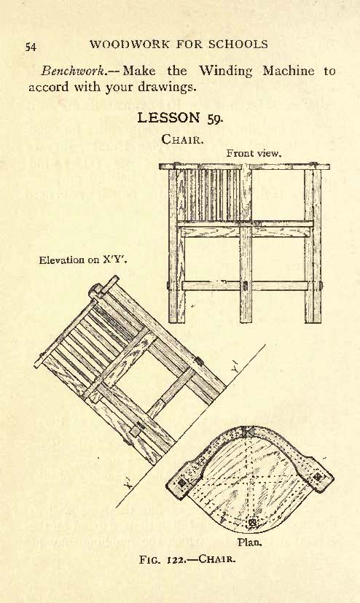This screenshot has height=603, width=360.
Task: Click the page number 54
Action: point(31,47)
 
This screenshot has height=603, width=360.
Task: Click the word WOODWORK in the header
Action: point(130,44)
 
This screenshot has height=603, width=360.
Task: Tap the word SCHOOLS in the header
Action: point(238,44)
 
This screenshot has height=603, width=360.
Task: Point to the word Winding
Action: point(225,71)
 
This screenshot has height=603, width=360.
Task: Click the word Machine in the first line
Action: point(288,71)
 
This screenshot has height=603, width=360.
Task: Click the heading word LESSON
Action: point(168,117)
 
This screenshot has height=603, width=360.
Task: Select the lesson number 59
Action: point(215,119)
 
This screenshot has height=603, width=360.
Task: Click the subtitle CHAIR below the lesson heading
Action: point(182,139)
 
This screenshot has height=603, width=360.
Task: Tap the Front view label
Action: point(254,153)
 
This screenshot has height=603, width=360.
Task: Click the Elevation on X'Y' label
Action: point(83,260)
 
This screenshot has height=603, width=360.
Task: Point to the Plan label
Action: point(249,542)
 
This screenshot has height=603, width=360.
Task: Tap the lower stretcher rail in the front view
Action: point(245,286)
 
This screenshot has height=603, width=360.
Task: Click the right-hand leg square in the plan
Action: point(317,476)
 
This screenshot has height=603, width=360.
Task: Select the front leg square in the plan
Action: point(252,523)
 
